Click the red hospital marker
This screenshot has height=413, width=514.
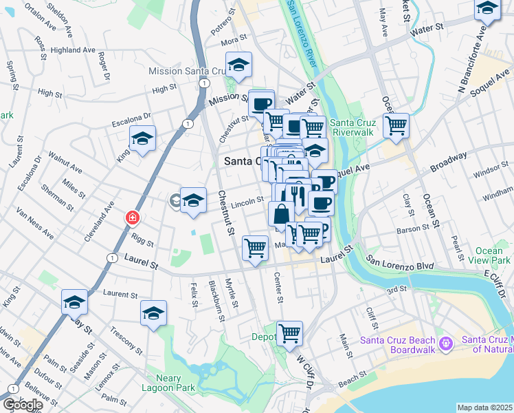[132, 218]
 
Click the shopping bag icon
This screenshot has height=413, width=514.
[281, 214]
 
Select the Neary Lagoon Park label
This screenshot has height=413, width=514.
[164, 383]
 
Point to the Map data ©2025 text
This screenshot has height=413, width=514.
[485, 407]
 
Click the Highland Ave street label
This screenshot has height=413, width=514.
[73, 50]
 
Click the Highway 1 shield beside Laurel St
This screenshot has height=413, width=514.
[112, 256]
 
